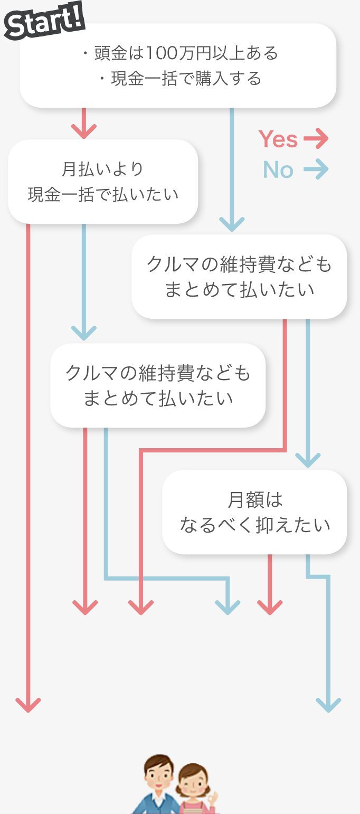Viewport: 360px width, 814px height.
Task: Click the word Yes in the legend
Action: point(278,139)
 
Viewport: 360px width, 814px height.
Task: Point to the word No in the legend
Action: point(278,170)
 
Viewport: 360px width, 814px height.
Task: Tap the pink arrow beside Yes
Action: point(316,139)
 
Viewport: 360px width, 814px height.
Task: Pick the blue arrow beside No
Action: point(316,170)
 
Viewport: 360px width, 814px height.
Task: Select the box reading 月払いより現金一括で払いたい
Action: point(103,182)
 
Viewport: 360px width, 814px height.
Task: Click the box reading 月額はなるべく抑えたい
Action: point(254,512)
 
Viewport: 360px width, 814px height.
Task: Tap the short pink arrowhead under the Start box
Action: point(84,130)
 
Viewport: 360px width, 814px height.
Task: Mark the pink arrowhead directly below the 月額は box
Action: point(270,607)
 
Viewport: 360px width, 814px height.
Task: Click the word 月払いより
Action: point(103,169)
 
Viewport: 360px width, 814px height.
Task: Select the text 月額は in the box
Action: point(255,499)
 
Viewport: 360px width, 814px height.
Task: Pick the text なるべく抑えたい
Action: point(255,525)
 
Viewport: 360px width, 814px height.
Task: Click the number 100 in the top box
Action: point(158,53)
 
